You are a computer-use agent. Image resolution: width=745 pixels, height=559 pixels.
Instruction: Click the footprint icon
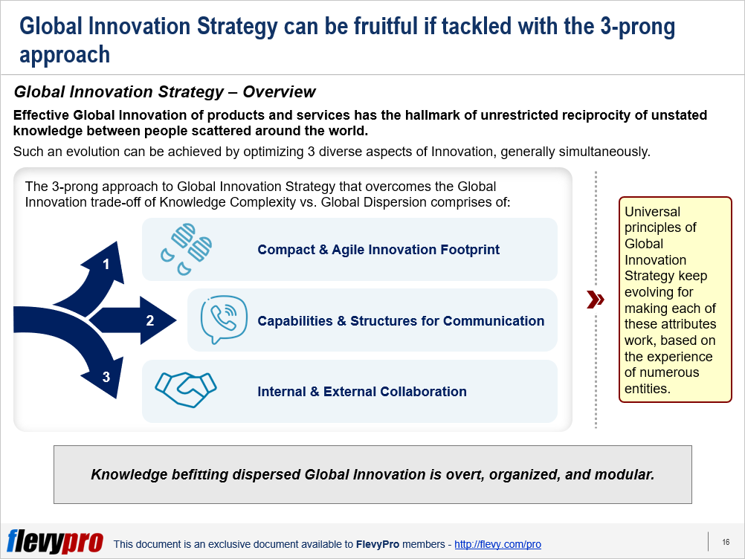(186, 249)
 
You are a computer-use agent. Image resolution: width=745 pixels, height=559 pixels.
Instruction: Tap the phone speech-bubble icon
(224, 320)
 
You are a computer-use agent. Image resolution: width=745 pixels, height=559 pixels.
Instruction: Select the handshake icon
(186, 390)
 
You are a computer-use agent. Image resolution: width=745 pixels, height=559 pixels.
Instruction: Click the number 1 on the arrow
(106, 264)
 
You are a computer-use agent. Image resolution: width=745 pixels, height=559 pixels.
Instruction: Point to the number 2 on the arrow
(149, 320)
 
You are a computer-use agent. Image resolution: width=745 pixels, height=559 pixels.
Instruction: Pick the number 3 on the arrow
(106, 377)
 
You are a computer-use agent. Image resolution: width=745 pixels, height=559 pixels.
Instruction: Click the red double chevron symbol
(596, 300)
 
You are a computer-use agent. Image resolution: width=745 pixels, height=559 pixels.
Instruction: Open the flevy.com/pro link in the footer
(497, 544)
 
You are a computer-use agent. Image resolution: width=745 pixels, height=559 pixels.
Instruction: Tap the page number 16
(726, 542)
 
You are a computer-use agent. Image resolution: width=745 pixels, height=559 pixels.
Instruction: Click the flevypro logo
(55, 541)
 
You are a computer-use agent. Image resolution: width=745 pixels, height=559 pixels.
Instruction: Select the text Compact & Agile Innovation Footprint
(378, 250)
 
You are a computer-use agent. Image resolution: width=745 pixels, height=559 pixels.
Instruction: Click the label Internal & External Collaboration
(362, 392)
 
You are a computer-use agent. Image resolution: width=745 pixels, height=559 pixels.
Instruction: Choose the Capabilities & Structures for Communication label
(401, 321)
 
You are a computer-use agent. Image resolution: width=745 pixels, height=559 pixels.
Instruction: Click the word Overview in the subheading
(279, 91)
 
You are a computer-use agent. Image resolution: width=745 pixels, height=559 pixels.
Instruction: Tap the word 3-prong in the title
(637, 28)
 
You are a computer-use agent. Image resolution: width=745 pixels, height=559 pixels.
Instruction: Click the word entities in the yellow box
(647, 389)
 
